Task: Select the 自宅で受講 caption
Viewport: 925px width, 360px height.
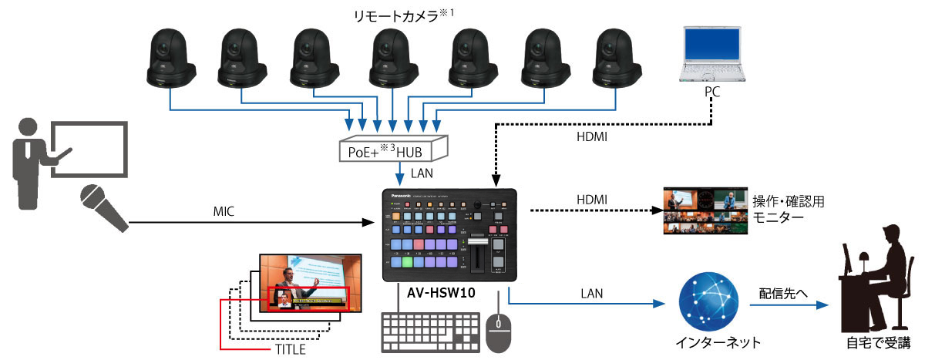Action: tap(878, 342)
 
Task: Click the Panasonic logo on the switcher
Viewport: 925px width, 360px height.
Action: tap(403, 195)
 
